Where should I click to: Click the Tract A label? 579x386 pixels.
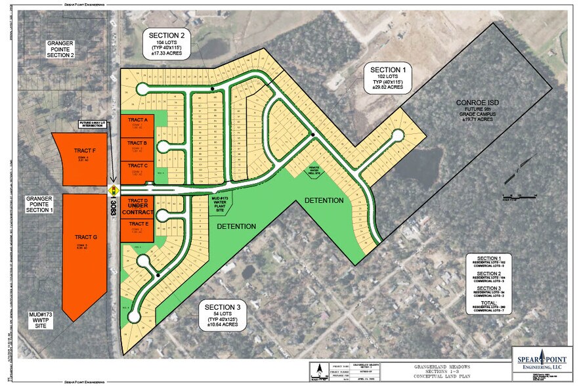click(137, 121)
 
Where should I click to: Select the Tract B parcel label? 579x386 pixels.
click(137, 142)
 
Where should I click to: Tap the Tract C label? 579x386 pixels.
click(137, 165)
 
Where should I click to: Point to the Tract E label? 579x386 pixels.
click(137, 225)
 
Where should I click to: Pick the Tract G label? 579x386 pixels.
click(85, 237)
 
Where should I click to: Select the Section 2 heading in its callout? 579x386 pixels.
click(166, 35)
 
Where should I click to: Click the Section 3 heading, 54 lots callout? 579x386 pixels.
click(223, 308)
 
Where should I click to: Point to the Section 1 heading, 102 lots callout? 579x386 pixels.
click(388, 70)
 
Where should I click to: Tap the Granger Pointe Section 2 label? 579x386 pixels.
click(60, 49)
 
